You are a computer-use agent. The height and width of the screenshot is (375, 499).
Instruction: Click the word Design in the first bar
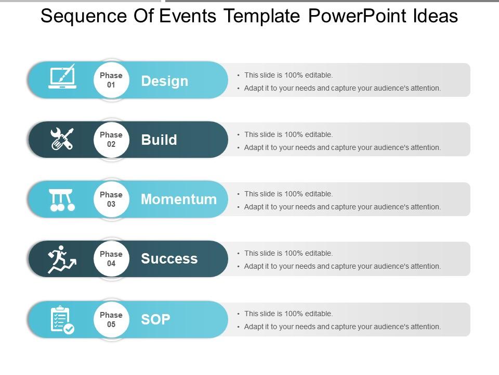pyautogui.click(x=164, y=81)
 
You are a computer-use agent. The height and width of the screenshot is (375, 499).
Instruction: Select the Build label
pyautogui.click(x=159, y=140)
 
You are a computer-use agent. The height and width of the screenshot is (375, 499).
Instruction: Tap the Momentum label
pyautogui.click(x=179, y=199)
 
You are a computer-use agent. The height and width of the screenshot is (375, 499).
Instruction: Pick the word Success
pyautogui.click(x=169, y=258)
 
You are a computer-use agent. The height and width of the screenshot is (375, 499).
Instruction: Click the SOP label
pyautogui.click(x=155, y=319)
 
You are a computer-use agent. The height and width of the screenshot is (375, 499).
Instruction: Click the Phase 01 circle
pyautogui.click(x=111, y=80)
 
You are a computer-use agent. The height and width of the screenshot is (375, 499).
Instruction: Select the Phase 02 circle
pyautogui.click(x=111, y=140)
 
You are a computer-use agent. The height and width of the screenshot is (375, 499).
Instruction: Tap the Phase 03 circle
pyautogui.click(x=111, y=199)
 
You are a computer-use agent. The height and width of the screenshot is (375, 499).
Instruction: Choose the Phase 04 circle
pyautogui.click(x=111, y=259)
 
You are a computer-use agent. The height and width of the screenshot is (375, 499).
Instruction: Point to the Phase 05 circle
pyautogui.click(x=111, y=319)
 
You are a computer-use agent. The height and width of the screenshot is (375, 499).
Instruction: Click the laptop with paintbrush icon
pyautogui.click(x=62, y=77)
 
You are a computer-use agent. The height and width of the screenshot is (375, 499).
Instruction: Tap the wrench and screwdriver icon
pyautogui.click(x=62, y=139)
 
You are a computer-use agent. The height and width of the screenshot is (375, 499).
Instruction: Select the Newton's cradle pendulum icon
pyautogui.click(x=62, y=200)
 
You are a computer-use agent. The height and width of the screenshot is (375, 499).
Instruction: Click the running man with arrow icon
pyautogui.click(x=62, y=259)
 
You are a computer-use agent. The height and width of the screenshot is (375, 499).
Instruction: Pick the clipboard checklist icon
pyautogui.click(x=62, y=320)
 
